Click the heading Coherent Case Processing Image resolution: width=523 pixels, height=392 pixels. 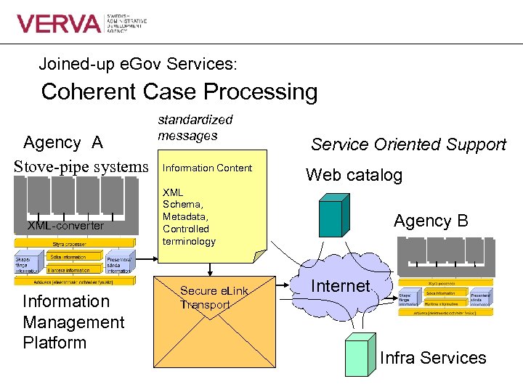(179, 92)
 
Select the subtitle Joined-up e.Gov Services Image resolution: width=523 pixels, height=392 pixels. (138, 64)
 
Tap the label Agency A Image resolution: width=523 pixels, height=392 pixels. (63, 143)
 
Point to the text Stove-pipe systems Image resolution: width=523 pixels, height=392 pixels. (81, 166)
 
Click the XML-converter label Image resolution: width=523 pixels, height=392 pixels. (65, 226)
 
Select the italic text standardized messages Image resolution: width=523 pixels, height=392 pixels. (195, 127)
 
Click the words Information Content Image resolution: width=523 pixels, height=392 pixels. (207, 168)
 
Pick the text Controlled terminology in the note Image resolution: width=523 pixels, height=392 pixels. (189, 234)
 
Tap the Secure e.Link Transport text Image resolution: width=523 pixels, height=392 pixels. (214, 298)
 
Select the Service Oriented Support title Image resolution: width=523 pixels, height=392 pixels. (408, 144)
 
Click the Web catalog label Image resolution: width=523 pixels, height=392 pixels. (354, 175)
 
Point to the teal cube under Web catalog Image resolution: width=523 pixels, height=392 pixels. (332, 217)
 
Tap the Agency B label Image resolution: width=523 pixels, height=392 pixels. (431, 221)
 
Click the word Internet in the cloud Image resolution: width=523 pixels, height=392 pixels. (341, 286)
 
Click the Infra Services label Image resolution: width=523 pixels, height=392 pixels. (433, 358)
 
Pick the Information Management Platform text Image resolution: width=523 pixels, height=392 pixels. (73, 322)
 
